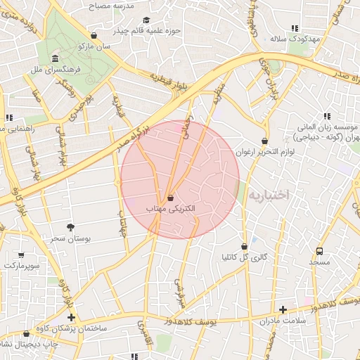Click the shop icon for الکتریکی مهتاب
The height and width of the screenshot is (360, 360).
[171, 198]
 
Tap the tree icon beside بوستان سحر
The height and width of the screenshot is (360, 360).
[70, 227]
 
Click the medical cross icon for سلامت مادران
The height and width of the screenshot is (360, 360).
[283, 309]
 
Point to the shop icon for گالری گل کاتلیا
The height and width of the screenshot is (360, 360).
[244, 247]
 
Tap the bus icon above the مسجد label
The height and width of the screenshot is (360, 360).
[320, 250]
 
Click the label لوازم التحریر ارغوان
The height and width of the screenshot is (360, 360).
[263, 152]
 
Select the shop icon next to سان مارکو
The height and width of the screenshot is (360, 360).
[94, 35]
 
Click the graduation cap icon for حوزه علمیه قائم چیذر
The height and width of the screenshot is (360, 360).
[146, 20]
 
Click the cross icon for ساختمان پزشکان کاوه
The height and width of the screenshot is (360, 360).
[71, 317]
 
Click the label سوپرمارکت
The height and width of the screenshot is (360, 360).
[21, 266]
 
